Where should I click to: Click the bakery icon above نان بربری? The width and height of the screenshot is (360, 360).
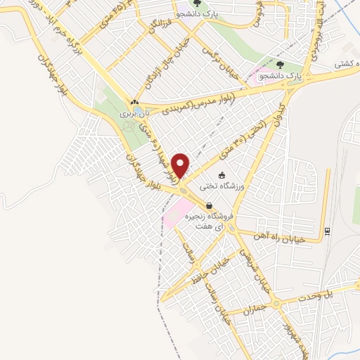tap(134, 102)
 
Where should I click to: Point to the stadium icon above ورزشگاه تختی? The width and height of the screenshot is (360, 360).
tap(222, 175)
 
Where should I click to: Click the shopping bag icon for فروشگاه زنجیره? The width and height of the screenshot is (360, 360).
tap(209, 207)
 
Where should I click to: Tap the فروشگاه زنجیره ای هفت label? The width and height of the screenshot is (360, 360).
tap(209, 221)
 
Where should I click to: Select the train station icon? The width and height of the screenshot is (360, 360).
tap(327, 230)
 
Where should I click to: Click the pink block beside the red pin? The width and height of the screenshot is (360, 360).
tap(175, 209)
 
